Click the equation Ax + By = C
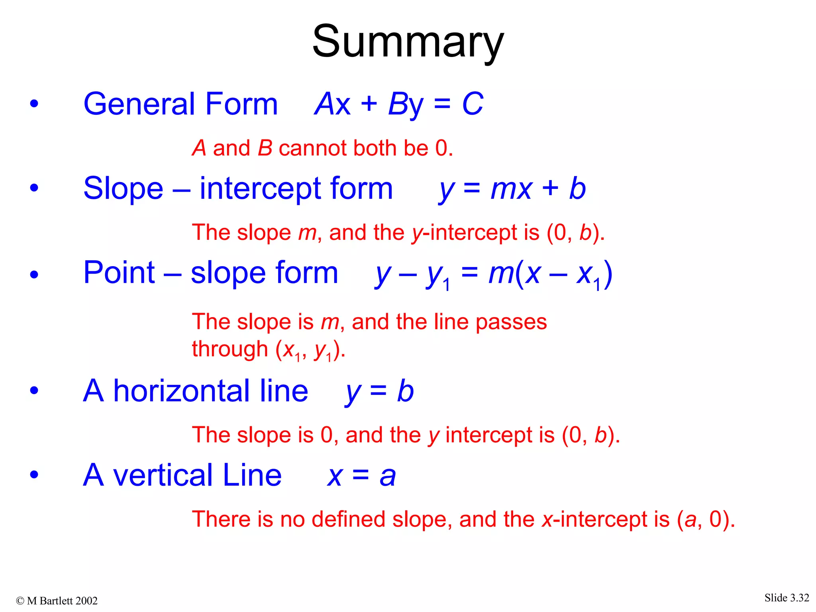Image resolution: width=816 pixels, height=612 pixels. pos(398,104)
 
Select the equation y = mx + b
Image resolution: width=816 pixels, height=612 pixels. pos(512,189)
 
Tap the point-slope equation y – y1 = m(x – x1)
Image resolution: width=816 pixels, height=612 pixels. pos(493,274)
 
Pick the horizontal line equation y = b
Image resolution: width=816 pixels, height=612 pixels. pos(379,391)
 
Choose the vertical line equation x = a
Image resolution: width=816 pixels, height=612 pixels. pos(361,476)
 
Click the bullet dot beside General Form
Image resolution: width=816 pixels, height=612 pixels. pos(34,104)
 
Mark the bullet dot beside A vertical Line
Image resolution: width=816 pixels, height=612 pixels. pos(34,475)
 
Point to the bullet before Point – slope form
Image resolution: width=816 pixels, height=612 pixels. pos(34,274)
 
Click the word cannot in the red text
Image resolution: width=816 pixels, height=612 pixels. pos(313,148)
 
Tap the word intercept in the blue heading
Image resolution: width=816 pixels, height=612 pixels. pos(257,189)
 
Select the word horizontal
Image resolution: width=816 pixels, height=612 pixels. pos(211,391)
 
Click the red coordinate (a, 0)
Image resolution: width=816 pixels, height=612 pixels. pos(705,520)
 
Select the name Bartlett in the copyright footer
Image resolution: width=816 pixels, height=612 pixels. pos(56,601)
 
